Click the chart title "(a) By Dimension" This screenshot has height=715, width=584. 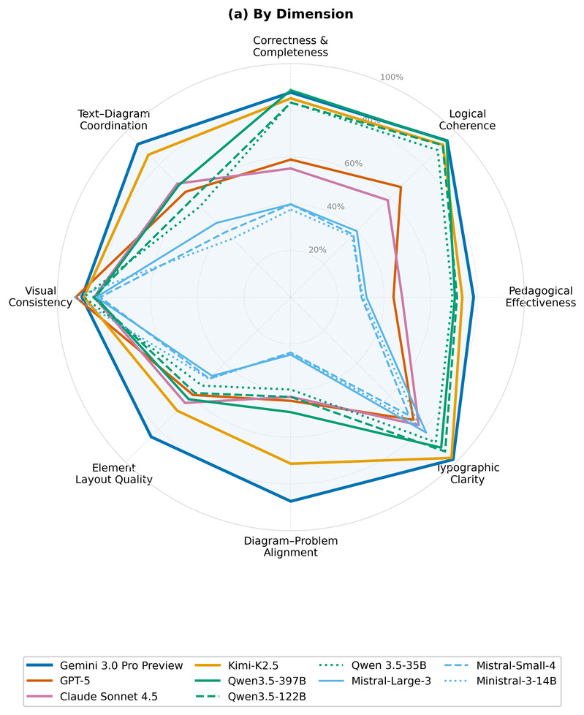pyautogui.click(x=291, y=14)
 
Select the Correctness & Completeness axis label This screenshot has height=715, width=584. pyautogui.click(x=290, y=46)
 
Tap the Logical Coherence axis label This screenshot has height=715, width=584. pyautogui.click(x=472, y=120)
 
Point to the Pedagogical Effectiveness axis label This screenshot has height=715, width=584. pyautogui.click(x=540, y=296)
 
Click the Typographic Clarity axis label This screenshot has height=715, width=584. pyautogui.click(x=468, y=474)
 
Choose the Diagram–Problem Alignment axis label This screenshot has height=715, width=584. pyautogui.click(x=290, y=547)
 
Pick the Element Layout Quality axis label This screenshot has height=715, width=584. pyautogui.click(x=113, y=474)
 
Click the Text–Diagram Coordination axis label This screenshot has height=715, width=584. pyautogui.click(x=113, y=120)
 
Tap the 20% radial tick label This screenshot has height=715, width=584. pyautogui.click(x=317, y=250)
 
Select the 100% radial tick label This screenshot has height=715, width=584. pyautogui.click(x=392, y=77)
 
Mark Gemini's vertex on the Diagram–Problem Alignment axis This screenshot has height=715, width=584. pyautogui.click(x=291, y=501)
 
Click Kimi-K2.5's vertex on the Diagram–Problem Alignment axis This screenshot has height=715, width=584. pyautogui.click(x=291, y=464)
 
